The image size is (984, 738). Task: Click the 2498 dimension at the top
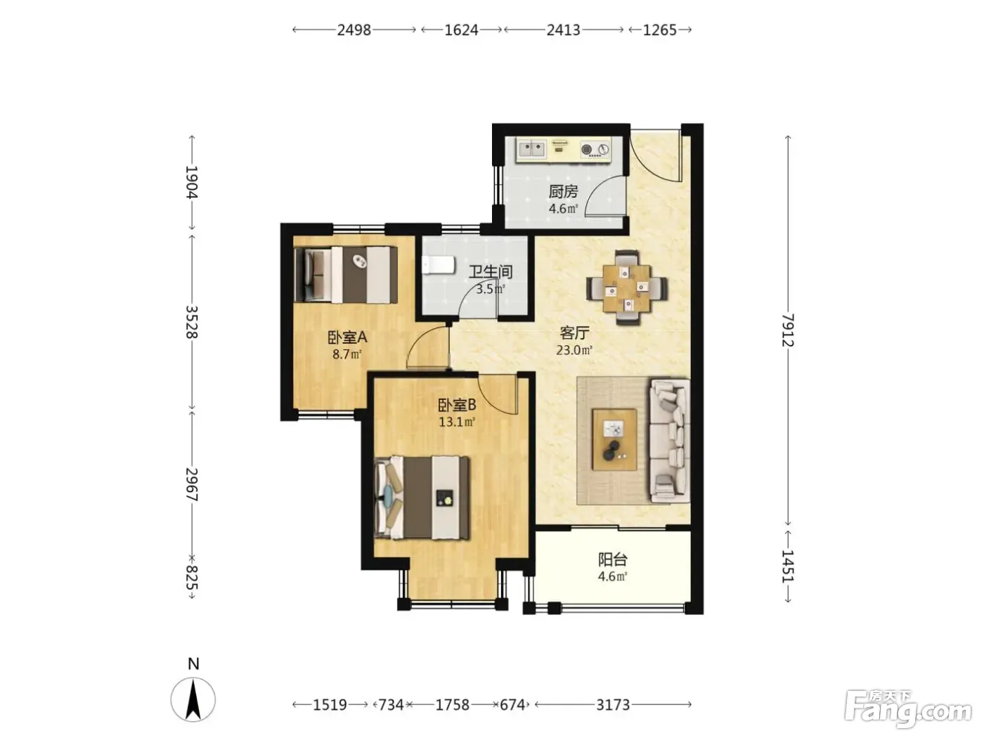coord(354,30)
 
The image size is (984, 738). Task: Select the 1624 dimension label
coord(461,30)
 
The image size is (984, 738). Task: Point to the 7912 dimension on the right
coord(788,330)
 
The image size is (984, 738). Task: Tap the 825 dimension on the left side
coord(192,577)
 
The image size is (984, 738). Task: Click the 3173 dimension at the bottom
coord(613,705)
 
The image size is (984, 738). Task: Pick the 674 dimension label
coord(512,705)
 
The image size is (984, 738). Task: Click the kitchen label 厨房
coord(563,192)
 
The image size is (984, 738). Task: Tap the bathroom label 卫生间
coord(491,272)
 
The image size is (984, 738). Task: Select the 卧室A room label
coord(347,337)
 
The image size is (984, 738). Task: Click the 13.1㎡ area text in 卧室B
coord(457,422)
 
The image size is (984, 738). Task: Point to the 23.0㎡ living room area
coord(574,350)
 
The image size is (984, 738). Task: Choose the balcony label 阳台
coord(612,559)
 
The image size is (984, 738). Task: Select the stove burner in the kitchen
coord(587,149)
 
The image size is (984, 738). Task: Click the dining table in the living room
coord(627,287)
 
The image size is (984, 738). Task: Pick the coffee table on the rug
coord(614,439)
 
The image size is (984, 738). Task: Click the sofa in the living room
coord(670,441)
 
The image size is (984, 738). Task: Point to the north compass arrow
coord(193,700)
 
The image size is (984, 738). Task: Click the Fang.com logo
coord(907,710)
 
